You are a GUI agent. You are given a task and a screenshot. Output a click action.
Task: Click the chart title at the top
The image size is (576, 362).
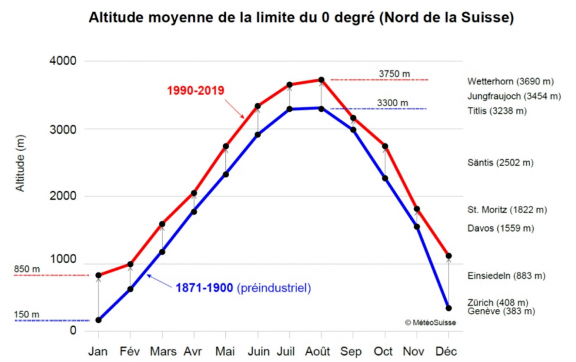300,17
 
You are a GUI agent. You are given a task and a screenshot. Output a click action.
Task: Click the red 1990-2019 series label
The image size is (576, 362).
195,90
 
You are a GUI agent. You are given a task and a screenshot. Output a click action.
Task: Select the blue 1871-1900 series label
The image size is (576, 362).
205,288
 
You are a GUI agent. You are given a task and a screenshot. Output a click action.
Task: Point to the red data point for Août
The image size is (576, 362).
321,80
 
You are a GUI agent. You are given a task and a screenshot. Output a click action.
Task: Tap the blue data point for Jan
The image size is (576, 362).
99,320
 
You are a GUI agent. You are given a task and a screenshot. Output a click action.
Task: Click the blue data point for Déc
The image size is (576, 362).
449,308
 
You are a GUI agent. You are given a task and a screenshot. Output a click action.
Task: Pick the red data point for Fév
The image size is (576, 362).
131,264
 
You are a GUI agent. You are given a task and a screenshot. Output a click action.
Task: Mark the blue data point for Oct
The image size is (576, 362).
385,178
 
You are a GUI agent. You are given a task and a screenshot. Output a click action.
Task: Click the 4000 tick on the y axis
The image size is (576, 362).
63,61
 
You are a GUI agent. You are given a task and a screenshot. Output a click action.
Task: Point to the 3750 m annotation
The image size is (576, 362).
394,74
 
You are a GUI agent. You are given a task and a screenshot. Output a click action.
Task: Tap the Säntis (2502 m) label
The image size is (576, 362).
500,162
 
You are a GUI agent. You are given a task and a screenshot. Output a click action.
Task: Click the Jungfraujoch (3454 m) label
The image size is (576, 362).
514,96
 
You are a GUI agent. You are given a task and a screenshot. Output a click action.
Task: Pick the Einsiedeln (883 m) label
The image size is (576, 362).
506,276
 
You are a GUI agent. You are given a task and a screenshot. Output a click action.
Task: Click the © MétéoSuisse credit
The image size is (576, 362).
430,323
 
